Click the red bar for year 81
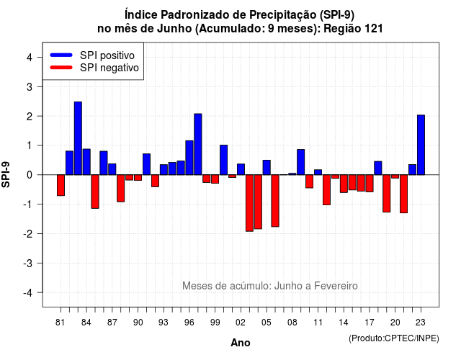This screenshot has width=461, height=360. tap(61, 185)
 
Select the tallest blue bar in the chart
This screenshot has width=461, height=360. tap(78, 138)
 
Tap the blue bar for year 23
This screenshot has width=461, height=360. tap(421, 145)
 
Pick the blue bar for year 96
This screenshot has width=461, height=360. tap(189, 158)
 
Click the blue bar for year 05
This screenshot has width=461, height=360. tap(267, 168)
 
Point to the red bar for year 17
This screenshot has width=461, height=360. tap(370, 184)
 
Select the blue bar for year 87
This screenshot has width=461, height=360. tap(112, 169)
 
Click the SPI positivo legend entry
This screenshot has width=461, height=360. tap(92, 55)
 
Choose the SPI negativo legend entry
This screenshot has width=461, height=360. tap(94, 68)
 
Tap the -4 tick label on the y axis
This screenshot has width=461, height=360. tap(28, 293)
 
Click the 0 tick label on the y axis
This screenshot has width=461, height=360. tap(29, 175)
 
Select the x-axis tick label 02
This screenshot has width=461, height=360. tap(241, 323)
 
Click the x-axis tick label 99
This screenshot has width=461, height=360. tap(215, 323)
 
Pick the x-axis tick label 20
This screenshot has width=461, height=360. tap(395, 323)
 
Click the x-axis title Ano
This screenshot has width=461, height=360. tap(241, 343)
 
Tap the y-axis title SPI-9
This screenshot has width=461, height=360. tap(6, 174)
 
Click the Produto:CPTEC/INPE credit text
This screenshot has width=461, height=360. tap(394, 338)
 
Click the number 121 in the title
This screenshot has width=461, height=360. tap(373, 29)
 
